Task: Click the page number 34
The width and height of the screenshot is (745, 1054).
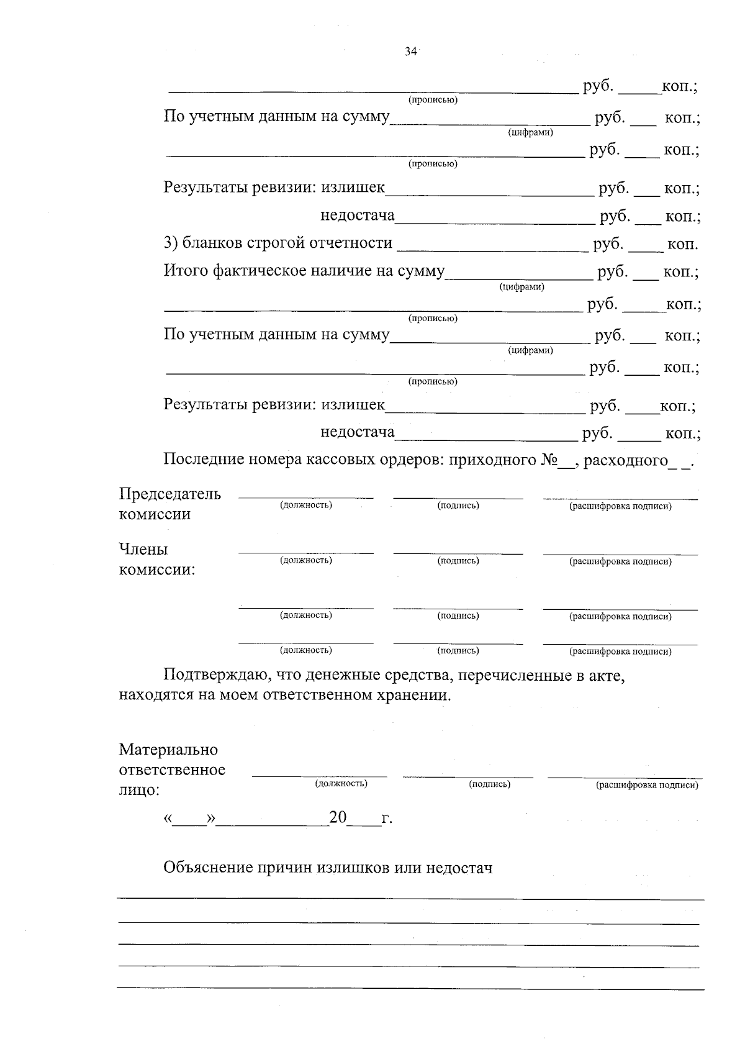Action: coord(410,52)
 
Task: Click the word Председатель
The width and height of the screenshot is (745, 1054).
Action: coord(169,494)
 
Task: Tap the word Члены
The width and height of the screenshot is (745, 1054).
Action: coord(143,550)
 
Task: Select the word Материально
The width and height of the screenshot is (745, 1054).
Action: coord(168,750)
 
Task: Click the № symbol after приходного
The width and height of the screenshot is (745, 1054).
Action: coord(548,460)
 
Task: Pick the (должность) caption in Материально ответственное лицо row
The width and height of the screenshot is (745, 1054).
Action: coord(341,784)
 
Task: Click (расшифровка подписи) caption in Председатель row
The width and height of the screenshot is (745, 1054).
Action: coord(620,507)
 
